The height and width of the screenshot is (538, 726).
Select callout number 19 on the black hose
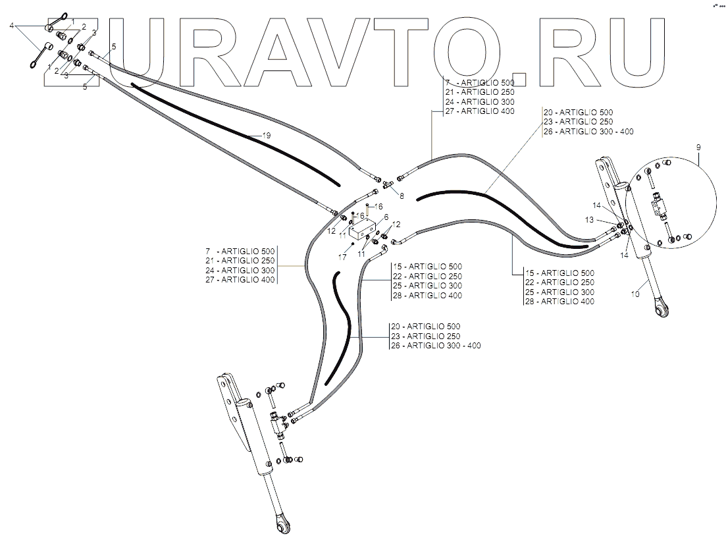pyautogui.click(x=267, y=135)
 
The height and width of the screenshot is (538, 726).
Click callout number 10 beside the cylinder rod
pyautogui.click(x=635, y=294)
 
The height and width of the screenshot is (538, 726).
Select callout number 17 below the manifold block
pyautogui.click(x=342, y=257)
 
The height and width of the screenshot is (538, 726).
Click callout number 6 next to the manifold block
pyautogui.click(x=386, y=217)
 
